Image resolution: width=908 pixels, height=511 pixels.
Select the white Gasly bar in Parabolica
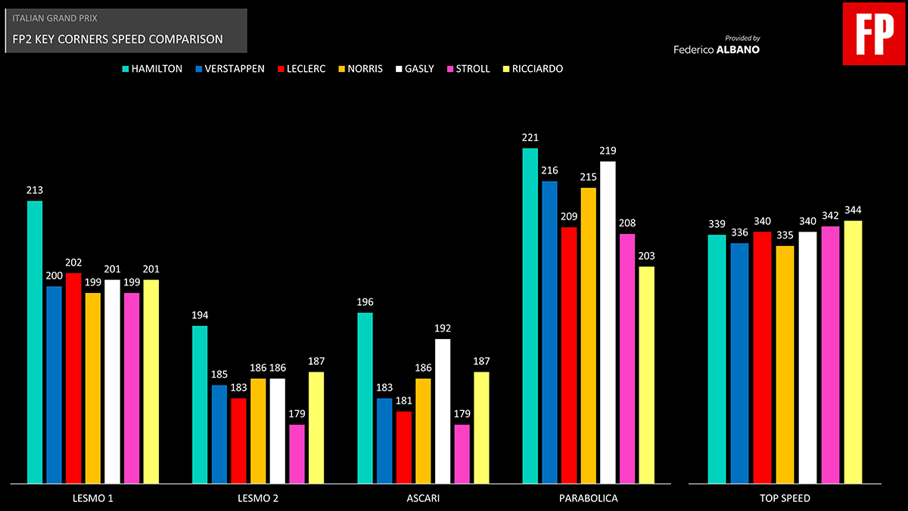tap(608, 322)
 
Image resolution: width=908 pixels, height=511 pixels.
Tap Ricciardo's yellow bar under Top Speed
tap(853, 352)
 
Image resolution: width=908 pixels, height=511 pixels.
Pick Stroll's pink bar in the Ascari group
tap(462, 454)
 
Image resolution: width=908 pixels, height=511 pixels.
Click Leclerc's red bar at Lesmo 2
tap(238, 441)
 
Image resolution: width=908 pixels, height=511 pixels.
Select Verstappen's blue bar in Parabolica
tap(549, 332)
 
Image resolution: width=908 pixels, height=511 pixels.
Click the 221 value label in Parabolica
tap(530, 138)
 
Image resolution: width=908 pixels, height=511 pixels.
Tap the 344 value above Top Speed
tap(853, 210)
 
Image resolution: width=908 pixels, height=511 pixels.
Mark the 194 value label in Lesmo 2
tap(200, 316)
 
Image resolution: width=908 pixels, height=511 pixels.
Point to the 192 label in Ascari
tap(443, 329)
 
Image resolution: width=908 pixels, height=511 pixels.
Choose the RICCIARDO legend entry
tap(537, 69)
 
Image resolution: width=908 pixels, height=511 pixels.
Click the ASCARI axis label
tap(423, 498)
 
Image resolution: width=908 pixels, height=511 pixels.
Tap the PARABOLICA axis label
tap(588, 498)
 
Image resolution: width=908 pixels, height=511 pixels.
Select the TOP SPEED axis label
tap(785, 498)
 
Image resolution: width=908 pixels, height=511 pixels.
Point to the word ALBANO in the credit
tap(738, 50)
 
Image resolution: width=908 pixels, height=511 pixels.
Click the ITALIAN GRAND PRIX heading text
tap(55, 17)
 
